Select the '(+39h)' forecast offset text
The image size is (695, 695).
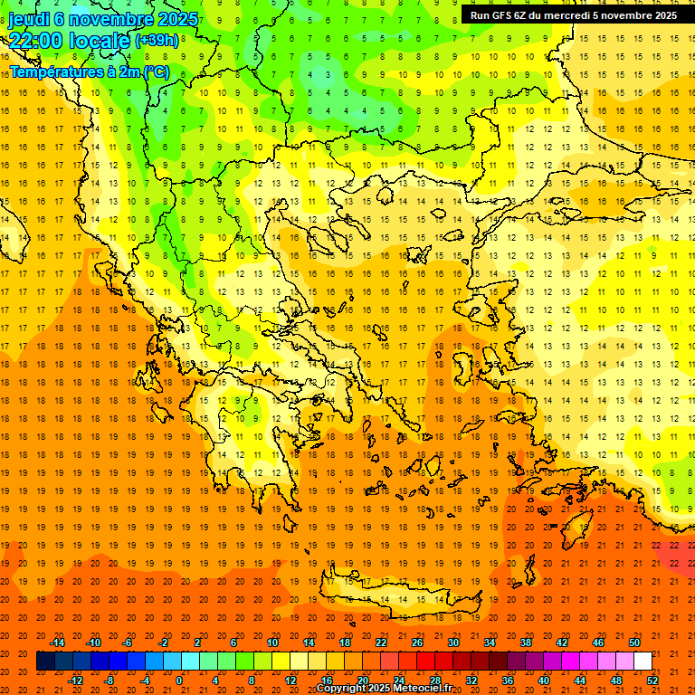(157, 41)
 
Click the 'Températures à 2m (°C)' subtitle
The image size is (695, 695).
(89, 71)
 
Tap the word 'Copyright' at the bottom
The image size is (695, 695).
(342, 689)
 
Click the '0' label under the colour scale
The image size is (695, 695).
(180, 681)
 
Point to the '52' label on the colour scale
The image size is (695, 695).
(652, 681)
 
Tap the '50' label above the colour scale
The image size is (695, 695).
(633, 643)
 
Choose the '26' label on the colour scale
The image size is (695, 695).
(417, 643)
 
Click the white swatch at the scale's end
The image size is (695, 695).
(643, 662)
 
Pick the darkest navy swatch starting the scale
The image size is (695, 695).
(45, 662)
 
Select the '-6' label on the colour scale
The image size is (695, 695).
(128, 643)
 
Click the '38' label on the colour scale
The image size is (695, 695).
(525, 643)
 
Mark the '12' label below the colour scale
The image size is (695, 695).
(290, 681)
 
